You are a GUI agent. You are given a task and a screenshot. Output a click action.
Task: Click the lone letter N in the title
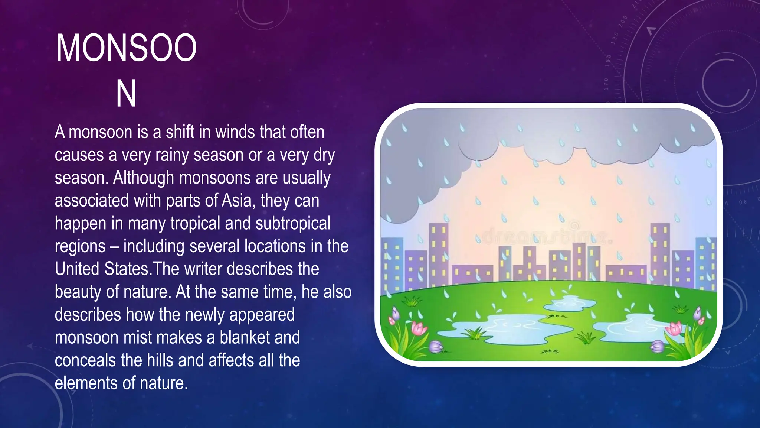click(126, 94)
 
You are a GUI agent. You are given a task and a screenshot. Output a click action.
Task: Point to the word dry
click(324, 155)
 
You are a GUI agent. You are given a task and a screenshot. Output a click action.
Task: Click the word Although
click(143, 178)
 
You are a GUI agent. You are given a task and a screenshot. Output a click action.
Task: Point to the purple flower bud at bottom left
click(436, 347)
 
